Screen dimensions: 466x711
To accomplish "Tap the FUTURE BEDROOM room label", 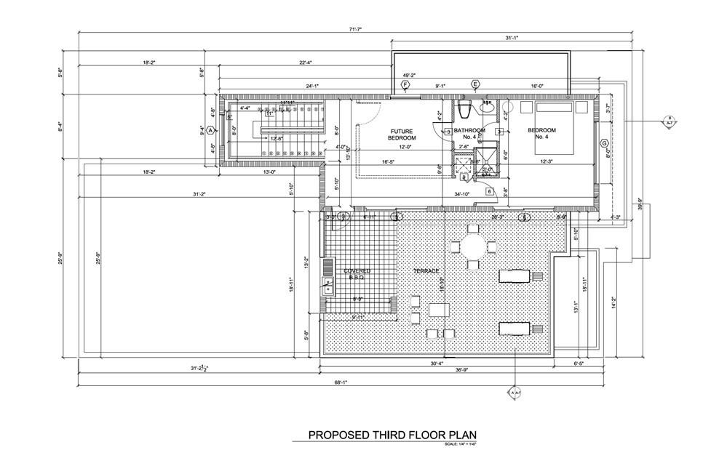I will [x=401, y=134].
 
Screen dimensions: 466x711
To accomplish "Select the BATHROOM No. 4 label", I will [x=469, y=134].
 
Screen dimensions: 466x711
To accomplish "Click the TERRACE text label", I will [x=427, y=271].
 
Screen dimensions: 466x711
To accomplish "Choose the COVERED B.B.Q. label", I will [x=357, y=274].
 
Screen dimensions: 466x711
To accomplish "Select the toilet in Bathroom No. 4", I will [x=465, y=111].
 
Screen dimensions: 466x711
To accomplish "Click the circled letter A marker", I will [x=210, y=130].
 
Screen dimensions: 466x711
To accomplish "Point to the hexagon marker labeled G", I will [x=603, y=144].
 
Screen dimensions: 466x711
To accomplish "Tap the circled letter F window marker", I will [x=405, y=85].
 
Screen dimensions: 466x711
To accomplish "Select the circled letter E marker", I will [x=476, y=85].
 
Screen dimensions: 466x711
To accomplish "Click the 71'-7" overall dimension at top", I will [x=355, y=29].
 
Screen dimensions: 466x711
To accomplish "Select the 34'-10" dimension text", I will [x=462, y=194].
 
